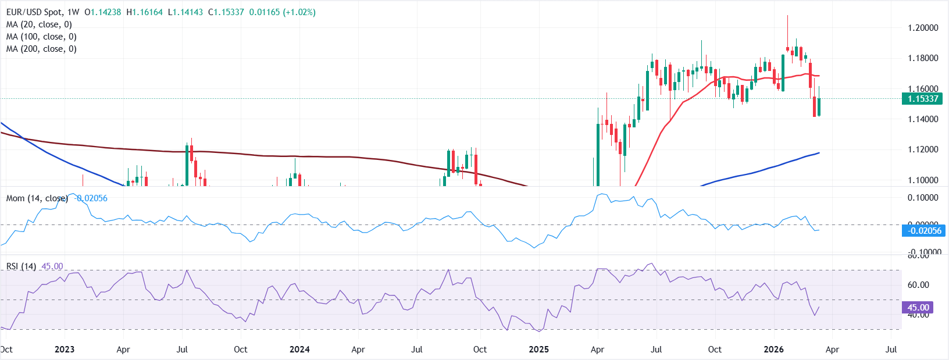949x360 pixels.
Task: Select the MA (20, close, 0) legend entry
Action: pyautogui.click(x=39, y=24)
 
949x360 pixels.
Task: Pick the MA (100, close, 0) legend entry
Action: pyautogui.click(x=41, y=37)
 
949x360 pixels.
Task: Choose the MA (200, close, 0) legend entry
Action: pyautogui.click(x=41, y=49)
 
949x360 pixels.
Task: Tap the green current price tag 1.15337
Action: pyautogui.click(x=923, y=99)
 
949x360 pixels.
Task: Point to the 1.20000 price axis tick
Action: pyautogui.click(x=923, y=28)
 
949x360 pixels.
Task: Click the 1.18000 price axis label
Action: pyautogui.click(x=923, y=58)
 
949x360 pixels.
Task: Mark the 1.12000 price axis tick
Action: pyautogui.click(x=923, y=149)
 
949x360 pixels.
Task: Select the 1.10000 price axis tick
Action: pyautogui.click(x=923, y=180)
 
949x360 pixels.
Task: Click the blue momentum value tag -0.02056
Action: pyautogui.click(x=924, y=231)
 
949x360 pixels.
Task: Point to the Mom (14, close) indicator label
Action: pyautogui.click(x=37, y=198)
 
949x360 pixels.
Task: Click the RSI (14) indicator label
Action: pyautogui.click(x=21, y=266)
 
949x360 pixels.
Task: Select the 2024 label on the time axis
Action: pyautogui.click(x=299, y=350)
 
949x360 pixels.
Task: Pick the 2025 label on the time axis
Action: pyautogui.click(x=538, y=350)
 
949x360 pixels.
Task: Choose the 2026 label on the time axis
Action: pyautogui.click(x=773, y=350)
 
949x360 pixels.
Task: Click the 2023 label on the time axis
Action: pyautogui.click(x=64, y=350)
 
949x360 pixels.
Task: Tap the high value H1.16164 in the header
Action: pyautogui.click(x=144, y=12)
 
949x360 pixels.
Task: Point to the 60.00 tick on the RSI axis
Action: pyautogui.click(x=918, y=285)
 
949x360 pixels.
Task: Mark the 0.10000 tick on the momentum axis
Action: pyautogui.click(x=923, y=198)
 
